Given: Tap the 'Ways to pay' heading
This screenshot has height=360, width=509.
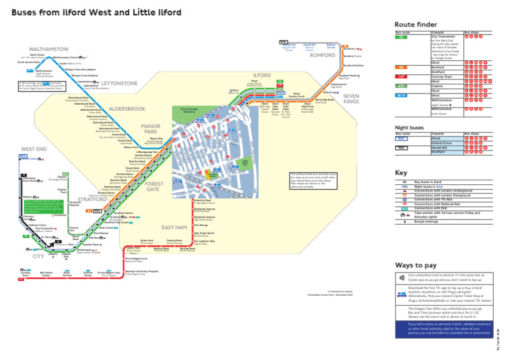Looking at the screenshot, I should [x=414, y=265].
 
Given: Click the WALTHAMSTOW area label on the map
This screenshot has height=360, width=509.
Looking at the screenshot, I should [x=48, y=49].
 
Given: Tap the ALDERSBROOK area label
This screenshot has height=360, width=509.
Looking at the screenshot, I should [x=127, y=108].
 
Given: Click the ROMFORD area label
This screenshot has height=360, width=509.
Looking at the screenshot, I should [x=323, y=56].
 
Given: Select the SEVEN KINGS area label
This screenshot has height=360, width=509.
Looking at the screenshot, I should [x=351, y=99].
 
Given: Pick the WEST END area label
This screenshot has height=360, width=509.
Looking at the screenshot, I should [x=34, y=149].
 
